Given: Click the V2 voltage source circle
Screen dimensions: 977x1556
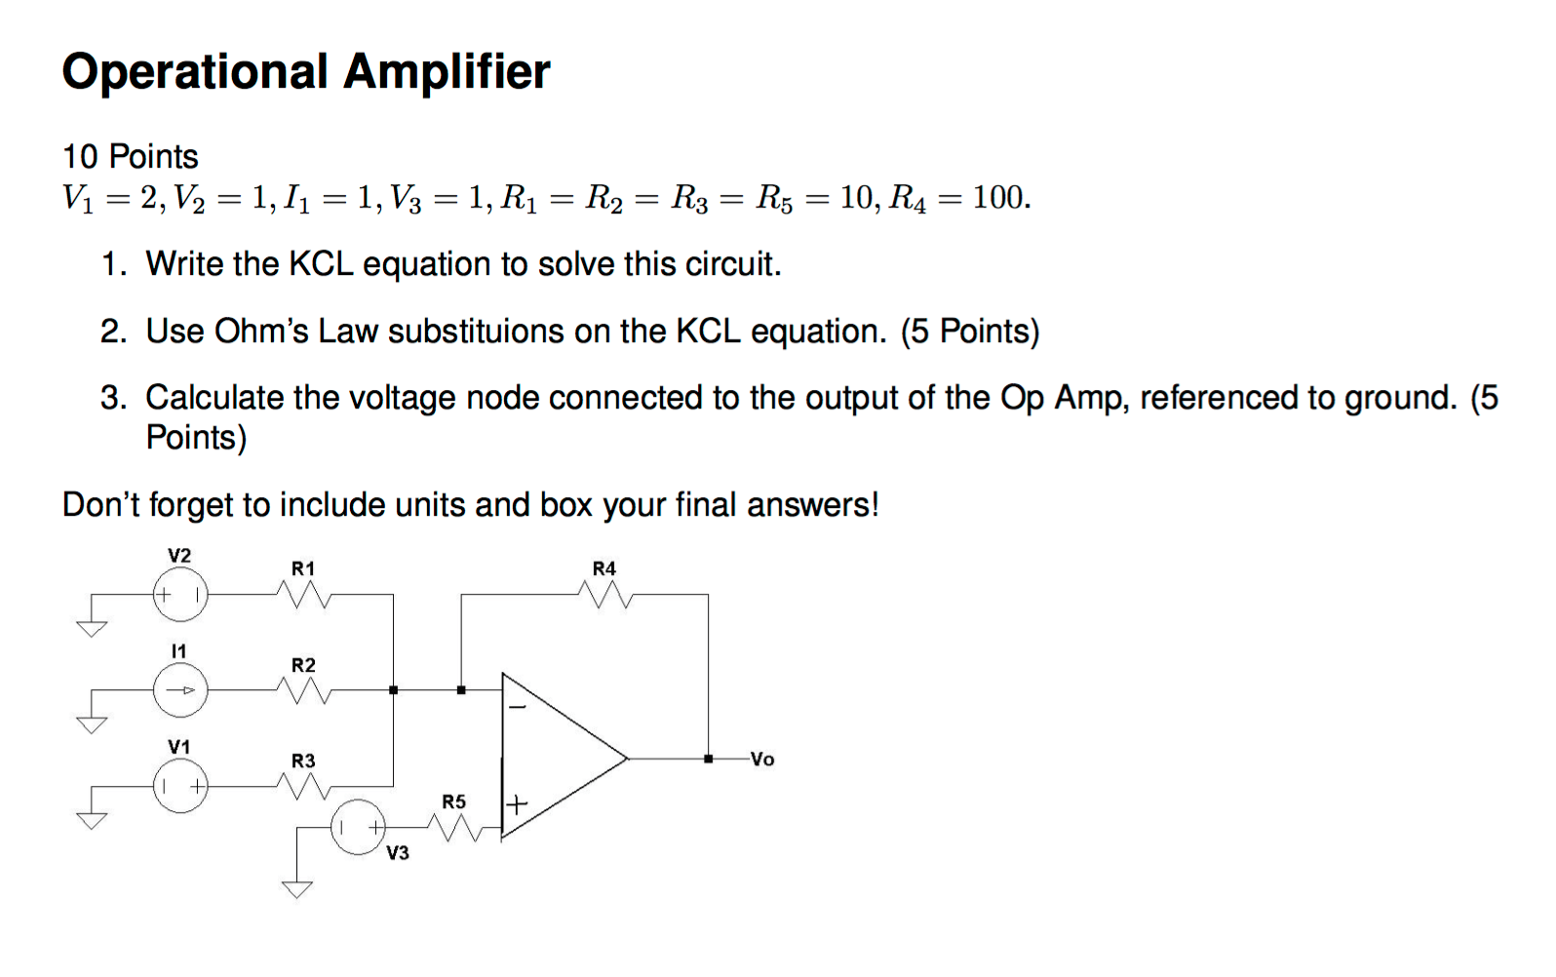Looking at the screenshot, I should coord(180,594).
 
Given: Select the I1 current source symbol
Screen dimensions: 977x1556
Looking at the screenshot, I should coord(180,690).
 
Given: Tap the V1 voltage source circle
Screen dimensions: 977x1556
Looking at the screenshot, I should coord(180,786).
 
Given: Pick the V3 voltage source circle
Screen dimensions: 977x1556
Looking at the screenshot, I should coord(358,828).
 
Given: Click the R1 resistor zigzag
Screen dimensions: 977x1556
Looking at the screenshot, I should coord(304,593).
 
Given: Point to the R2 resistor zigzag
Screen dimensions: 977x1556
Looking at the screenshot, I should coord(304,689).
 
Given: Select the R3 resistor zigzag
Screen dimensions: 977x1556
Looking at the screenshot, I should coord(304,785).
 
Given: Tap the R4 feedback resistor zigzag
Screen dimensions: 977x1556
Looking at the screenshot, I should coord(605,593).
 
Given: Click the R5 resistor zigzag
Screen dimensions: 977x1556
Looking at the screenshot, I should coord(455,829).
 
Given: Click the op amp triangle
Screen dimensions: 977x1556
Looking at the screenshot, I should coord(561,757).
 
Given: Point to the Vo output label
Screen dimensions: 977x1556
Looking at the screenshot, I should coord(762,759).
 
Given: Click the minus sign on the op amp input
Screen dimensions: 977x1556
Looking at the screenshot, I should coord(518,706).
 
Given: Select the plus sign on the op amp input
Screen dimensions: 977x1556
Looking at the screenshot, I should coord(517,804).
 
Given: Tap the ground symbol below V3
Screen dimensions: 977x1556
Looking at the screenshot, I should coord(297,888).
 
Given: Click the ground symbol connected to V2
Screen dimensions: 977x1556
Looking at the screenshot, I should coord(92,628).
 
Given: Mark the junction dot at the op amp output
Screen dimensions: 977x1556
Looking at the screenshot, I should coord(709,758).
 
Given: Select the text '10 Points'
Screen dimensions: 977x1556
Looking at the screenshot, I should coord(130,156).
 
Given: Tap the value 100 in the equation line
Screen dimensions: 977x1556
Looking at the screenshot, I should coord(998,198).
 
